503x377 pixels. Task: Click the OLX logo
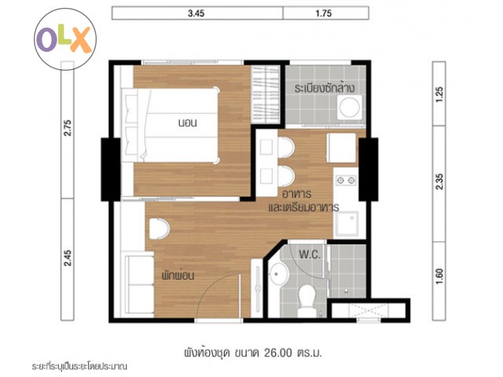pyautogui.click(x=65, y=39)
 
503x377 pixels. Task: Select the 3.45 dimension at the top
pyautogui.click(x=196, y=13)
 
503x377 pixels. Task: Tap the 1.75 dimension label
pyautogui.click(x=323, y=13)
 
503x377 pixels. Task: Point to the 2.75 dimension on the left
pyautogui.click(x=68, y=127)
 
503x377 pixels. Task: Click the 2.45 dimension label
pyautogui.click(x=68, y=258)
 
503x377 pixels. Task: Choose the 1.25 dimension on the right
pyautogui.click(x=439, y=94)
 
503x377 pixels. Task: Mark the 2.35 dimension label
pyautogui.click(x=439, y=181)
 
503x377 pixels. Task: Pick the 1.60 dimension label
pyautogui.click(x=439, y=276)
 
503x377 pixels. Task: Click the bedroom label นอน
pyautogui.click(x=187, y=123)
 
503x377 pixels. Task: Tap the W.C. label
pyautogui.click(x=310, y=254)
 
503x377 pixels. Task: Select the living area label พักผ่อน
pyautogui.click(x=178, y=275)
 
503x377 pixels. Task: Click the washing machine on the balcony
pyautogui.click(x=349, y=107)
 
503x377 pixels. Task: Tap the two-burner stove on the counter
pyautogui.click(x=346, y=181)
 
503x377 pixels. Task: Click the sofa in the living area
pyautogui.click(x=139, y=284)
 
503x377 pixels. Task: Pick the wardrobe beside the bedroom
pyautogui.click(x=266, y=94)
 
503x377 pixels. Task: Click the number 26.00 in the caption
pyautogui.click(x=278, y=353)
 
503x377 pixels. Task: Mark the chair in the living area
pyautogui.click(x=159, y=229)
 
